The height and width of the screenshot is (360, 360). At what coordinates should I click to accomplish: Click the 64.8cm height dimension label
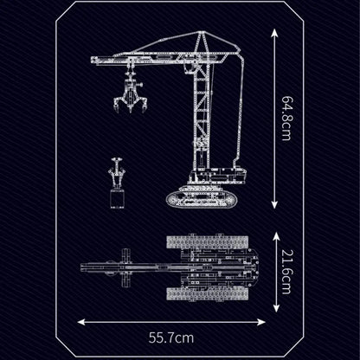[286, 119]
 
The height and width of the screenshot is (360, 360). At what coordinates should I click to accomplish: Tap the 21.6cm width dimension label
[286, 272]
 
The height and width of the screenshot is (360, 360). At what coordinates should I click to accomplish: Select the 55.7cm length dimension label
[171, 337]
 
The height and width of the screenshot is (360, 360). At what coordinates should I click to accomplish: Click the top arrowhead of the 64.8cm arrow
[274, 33]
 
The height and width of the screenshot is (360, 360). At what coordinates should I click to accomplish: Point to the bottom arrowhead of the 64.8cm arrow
[274, 205]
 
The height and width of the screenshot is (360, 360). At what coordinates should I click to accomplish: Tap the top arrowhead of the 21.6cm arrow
[276, 236]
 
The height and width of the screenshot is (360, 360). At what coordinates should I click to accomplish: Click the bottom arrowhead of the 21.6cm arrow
[276, 308]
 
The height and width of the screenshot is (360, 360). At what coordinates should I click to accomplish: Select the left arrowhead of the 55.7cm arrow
[82, 322]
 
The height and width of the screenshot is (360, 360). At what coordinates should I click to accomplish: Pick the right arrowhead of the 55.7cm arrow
[261, 322]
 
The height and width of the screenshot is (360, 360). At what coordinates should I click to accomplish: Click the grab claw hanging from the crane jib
[131, 92]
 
